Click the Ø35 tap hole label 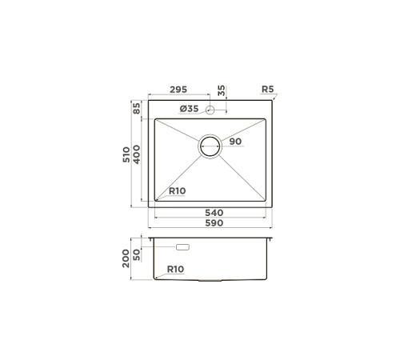(x=189, y=109)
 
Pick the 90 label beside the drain (x=235, y=142)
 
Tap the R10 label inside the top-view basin (x=178, y=191)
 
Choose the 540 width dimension (x=213, y=213)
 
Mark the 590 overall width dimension (x=213, y=223)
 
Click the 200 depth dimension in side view (x=126, y=258)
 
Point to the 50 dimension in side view (x=137, y=253)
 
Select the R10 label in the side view (x=176, y=270)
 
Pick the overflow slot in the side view (x=182, y=250)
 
